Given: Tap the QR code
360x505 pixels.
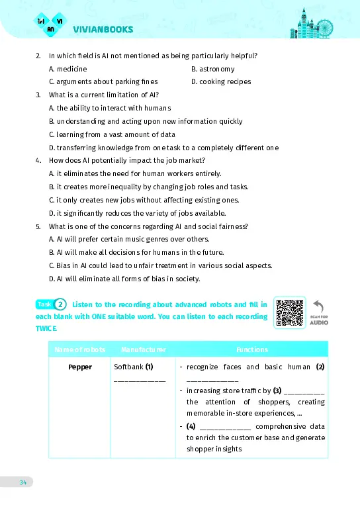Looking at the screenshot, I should click(x=290, y=313).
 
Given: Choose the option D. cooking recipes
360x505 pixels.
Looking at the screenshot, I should click(x=221, y=82).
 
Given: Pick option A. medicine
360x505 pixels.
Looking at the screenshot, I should click(x=67, y=69).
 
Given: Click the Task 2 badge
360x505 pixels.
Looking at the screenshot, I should click(x=52, y=304).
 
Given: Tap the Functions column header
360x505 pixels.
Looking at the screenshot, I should click(x=252, y=349).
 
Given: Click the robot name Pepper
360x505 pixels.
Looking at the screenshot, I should click(x=80, y=367).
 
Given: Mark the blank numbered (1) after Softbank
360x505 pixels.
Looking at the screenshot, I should click(x=140, y=379).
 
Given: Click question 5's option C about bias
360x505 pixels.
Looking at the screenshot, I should click(x=160, y=265).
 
